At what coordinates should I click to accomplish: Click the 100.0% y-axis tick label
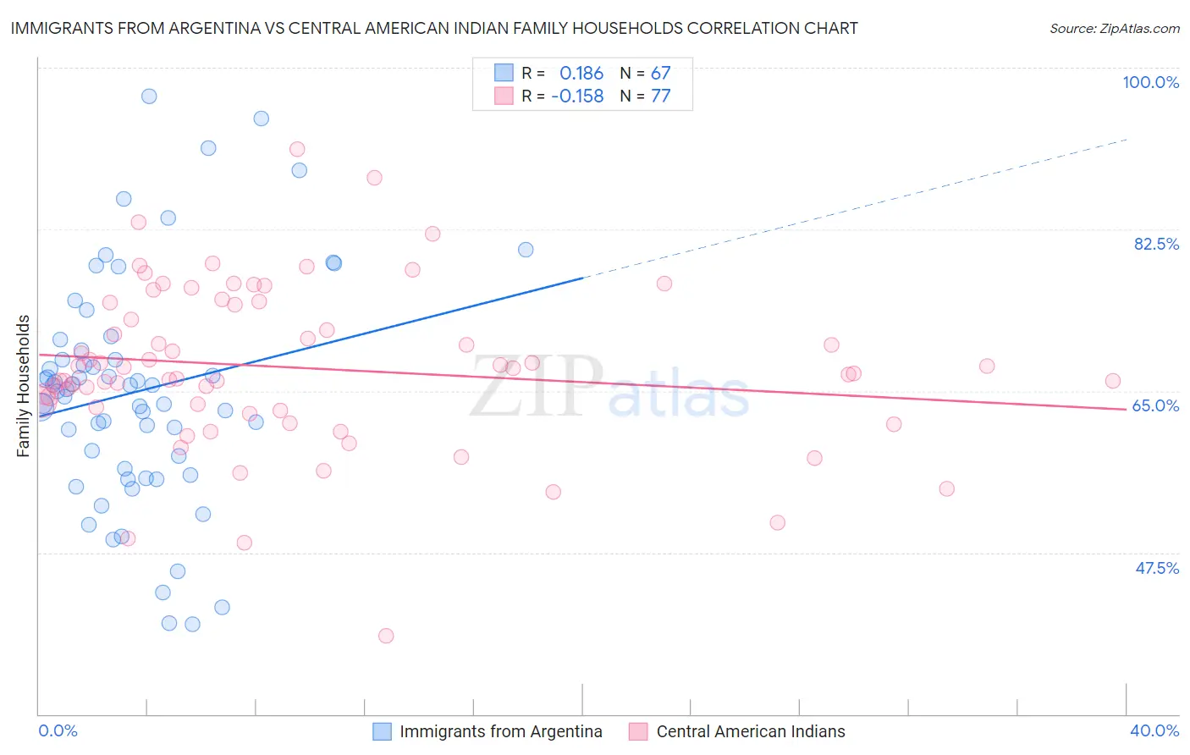1150,82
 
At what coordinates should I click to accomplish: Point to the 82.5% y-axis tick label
1156,244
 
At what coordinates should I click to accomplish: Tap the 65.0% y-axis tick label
1155,405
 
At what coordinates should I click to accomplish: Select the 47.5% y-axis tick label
1156,568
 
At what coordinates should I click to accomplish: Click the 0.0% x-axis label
58,730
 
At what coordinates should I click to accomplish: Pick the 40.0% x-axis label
1154,730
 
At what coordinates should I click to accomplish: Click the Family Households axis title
24,386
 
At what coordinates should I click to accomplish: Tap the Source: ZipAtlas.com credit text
1114,28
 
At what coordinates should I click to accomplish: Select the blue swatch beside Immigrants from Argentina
383,731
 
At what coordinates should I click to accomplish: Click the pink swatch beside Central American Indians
638,731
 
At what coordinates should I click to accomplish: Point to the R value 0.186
581,74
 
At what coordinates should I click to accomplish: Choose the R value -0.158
577,96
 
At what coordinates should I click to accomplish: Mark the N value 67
660,74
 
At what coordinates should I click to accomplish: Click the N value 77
660,96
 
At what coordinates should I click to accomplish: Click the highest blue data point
149,96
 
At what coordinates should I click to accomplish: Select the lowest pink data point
386,636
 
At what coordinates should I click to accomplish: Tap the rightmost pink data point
1113,381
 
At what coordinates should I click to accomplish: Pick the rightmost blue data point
526,250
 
